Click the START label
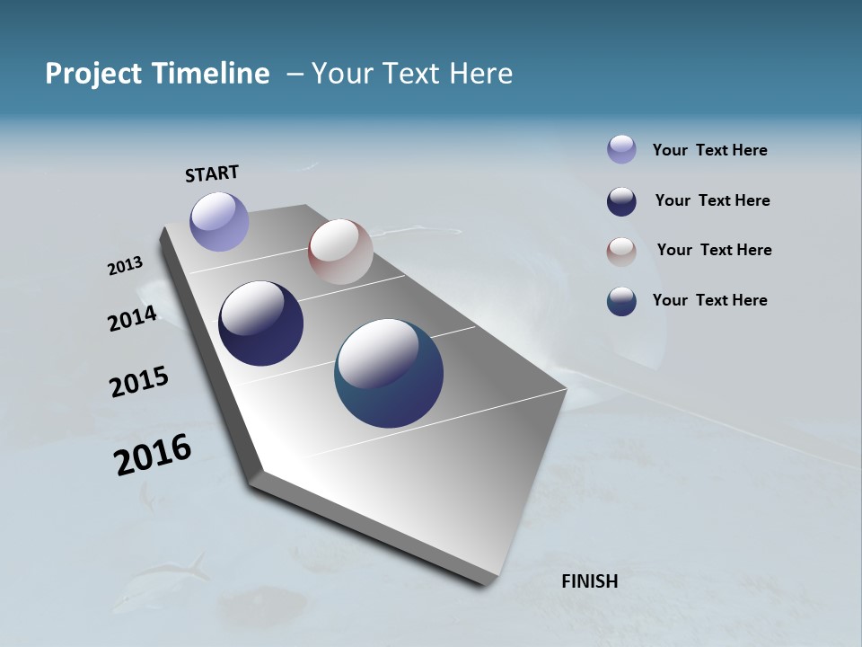[212, 173]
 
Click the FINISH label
[590, 581]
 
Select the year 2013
[125, 266]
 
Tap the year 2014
[132, 318]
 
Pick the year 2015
[139, 382]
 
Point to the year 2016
[153, 455]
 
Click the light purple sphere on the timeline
[219, 221]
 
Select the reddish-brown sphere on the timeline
[340, 252]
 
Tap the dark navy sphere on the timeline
[260, 323]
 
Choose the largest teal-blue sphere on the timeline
[389, 373]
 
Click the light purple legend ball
[621, 149]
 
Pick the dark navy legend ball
[621, 201]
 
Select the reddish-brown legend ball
[621, 252]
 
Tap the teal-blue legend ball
[621, 301]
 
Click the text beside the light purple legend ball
[709, 150]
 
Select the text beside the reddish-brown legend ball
[714, 250]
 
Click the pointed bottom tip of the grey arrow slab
[485, 582]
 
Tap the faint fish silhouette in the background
[166, 575]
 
